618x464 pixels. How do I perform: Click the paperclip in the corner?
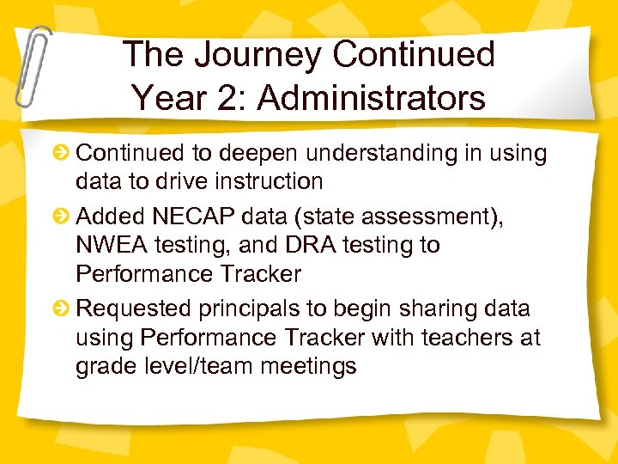point(32,64)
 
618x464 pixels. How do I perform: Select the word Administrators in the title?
point(372,98)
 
